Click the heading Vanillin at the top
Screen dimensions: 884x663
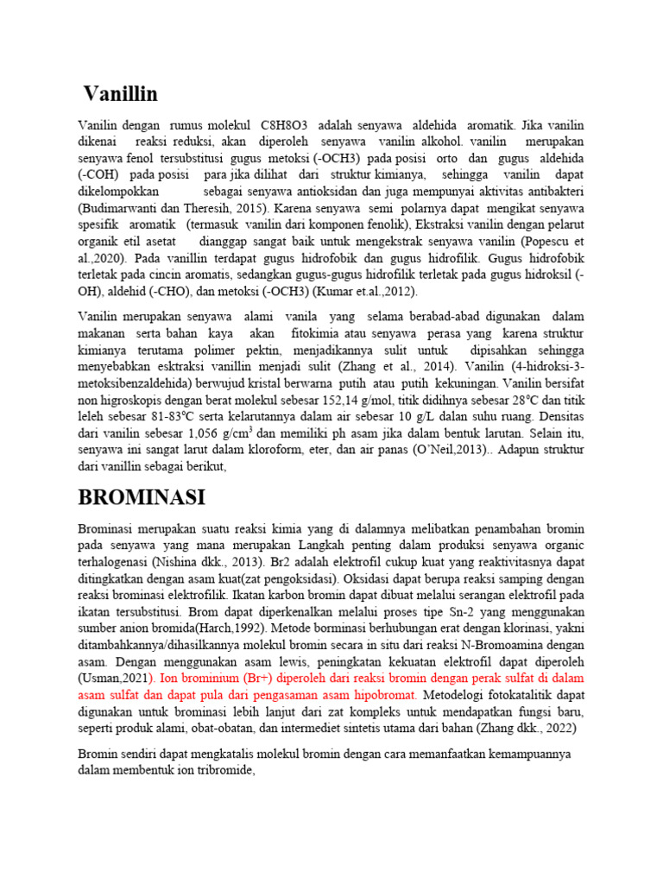click(x=121, y=93)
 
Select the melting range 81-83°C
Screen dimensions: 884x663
click(x=167, y=417)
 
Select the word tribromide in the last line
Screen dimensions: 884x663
click(x=223, y=770)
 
